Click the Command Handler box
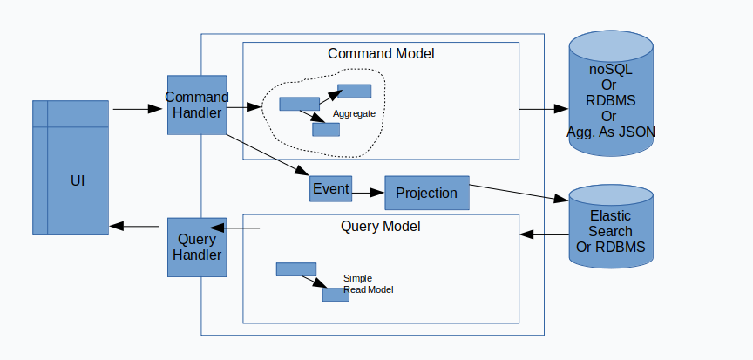click(x=197, y=105)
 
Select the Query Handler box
click(x=197, y=248)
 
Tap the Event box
click(x=331, y=188)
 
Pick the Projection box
click(x=427, y=193)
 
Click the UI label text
click(x=78, y=181)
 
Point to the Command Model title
click(x=381, y=54)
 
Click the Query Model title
click(x=380, y=226)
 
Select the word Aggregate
click(x=354, y=114)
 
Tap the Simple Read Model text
click(x=369, y=284)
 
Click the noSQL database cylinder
click(x=611, y=93)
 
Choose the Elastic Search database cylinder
click(x=611, y=227)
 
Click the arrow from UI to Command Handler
click(x=138, y=109)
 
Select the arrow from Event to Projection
click(x=369, y=193)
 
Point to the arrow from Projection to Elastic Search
click(x=519, y=193)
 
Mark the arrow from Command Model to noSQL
click(x=544, y=109)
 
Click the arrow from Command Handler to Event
click(x=268, y=155)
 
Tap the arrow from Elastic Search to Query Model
click(x=545, y=234)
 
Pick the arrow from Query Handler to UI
click(x=134, y=226)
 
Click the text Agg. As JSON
click(x=611, y=132)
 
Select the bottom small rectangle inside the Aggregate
click(x=326, y=130)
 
